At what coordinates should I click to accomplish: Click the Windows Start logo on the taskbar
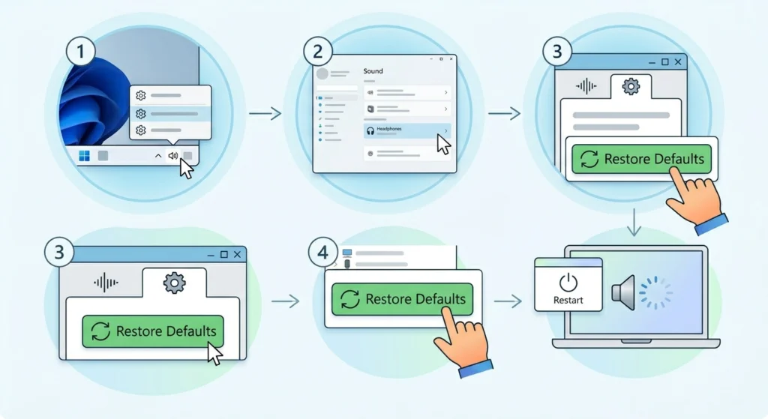point(84,156)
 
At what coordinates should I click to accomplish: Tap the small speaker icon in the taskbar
point(173,156)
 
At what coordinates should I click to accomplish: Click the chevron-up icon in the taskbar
point(158,156)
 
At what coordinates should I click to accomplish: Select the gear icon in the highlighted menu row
point(140,114)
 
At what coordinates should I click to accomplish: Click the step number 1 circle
point(80,52)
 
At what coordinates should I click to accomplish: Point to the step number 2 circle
point(318,52)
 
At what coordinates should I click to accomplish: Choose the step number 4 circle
point(322,253)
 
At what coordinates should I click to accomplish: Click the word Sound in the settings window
point(373,71)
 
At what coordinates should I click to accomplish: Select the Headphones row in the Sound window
point(407,130)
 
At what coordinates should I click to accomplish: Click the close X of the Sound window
point(451,58)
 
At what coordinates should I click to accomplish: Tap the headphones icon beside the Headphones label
point(370,130)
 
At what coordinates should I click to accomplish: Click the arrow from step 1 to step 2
point(265,114)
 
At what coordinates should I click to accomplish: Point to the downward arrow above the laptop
point(634,222)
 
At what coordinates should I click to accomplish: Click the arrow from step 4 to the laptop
point(508,301)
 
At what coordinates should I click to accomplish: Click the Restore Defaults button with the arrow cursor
point(153,331)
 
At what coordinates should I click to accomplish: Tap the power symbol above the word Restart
point(568,283)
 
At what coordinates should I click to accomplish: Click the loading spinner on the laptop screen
point(655,293)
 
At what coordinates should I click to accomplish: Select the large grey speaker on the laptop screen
point(623,293)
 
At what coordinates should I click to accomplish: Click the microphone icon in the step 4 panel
point(347,265)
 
